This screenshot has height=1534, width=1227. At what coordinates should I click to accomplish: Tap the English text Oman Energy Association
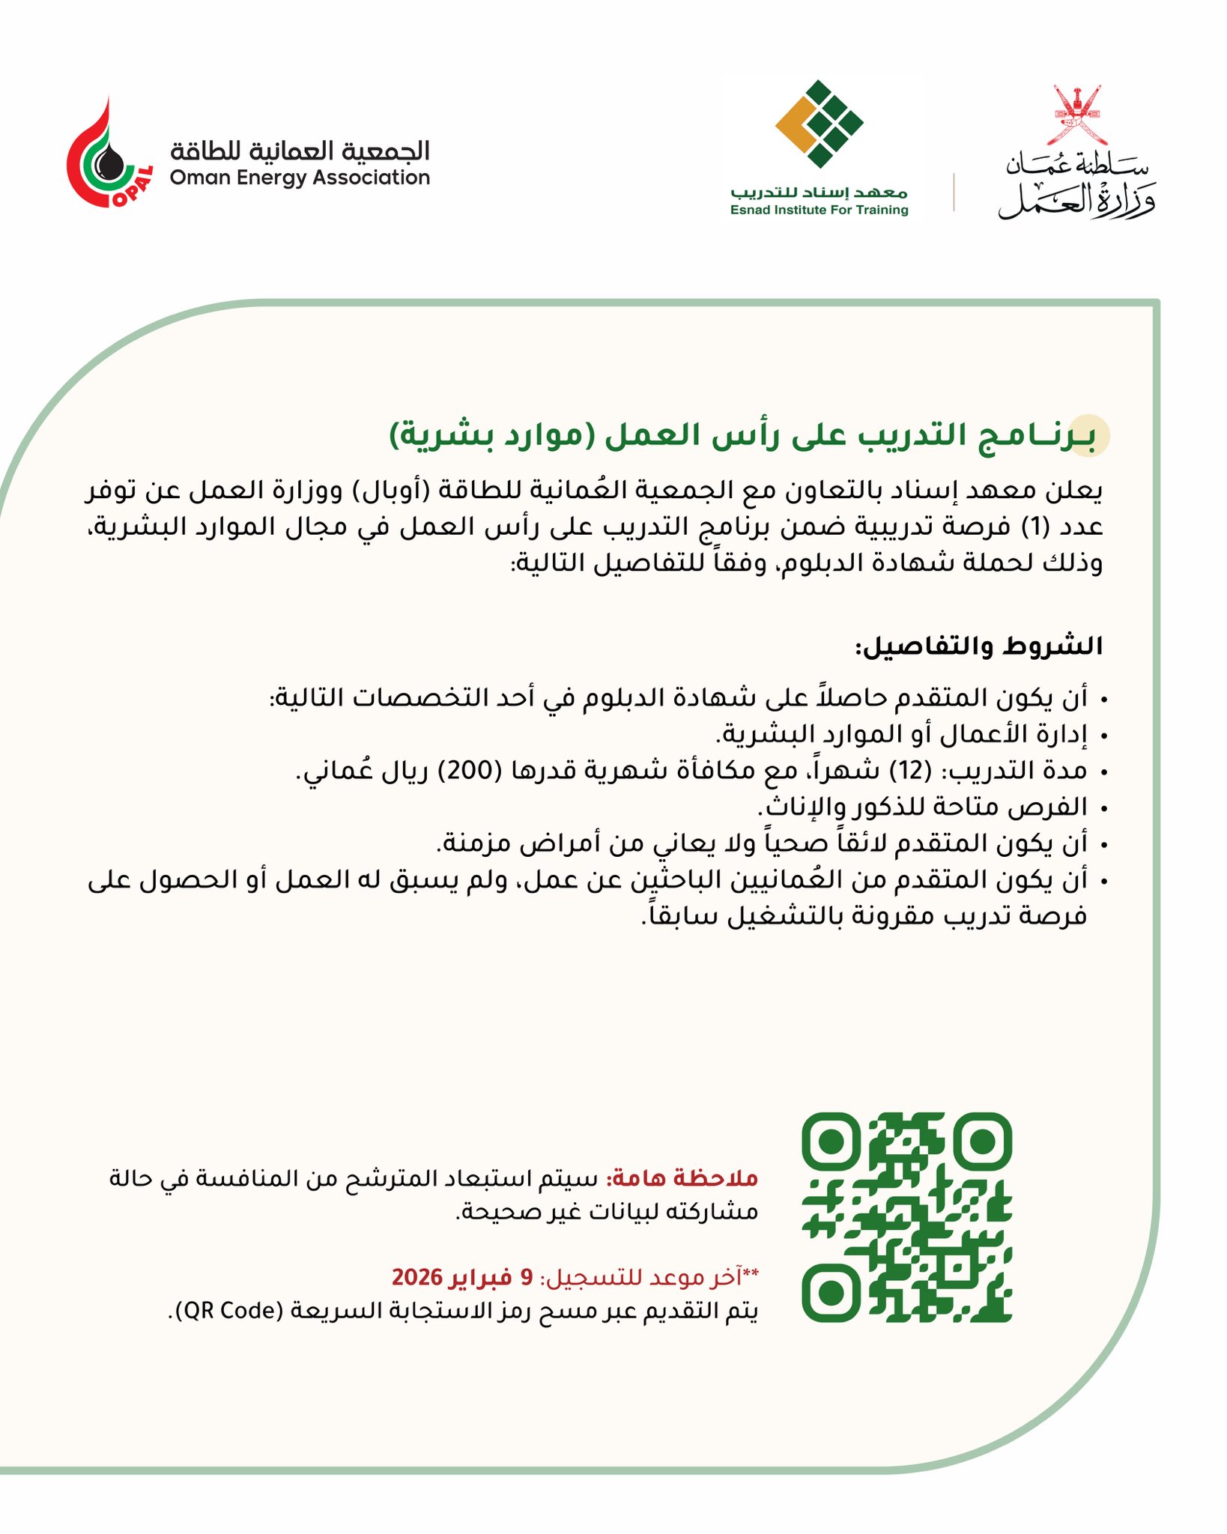300,178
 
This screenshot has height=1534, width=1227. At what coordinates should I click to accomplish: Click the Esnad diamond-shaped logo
819,124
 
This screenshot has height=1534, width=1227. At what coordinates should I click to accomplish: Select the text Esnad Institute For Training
819,210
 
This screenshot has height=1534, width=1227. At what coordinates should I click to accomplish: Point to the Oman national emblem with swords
1076,115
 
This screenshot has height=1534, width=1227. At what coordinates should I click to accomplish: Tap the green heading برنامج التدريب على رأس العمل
742,436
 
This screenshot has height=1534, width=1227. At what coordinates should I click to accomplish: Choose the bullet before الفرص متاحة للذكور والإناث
1104,808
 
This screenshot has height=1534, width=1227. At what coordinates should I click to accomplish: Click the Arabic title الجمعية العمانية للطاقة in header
300,151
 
